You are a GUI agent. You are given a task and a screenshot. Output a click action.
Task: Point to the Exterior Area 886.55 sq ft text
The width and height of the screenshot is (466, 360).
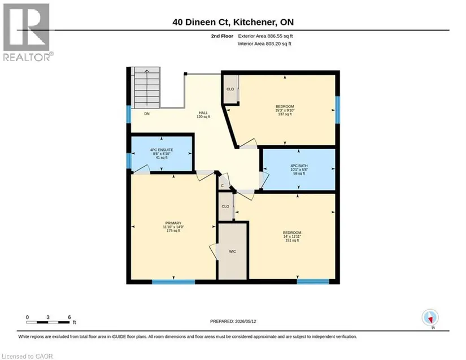coord(265,36)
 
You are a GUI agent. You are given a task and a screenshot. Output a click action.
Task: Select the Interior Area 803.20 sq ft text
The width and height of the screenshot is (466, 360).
coord(264,44)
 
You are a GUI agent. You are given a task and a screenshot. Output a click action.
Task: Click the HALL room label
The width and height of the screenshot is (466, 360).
coord(203,113)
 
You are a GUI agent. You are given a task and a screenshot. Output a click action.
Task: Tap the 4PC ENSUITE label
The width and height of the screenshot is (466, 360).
coord(162,150)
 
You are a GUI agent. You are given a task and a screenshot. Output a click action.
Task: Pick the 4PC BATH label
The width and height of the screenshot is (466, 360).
coord(299,166)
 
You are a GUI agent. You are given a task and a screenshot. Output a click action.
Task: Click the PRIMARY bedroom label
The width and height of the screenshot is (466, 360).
coord(173,223)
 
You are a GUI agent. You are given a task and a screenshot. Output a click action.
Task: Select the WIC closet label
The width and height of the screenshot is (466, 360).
coord(232,251)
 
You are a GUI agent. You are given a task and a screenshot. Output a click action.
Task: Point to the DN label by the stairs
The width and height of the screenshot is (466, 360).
coord(147,114)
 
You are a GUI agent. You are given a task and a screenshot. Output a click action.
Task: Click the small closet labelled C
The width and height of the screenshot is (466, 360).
coord(223,186)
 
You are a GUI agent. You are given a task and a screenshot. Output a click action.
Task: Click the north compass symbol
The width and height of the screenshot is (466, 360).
coord(430,318)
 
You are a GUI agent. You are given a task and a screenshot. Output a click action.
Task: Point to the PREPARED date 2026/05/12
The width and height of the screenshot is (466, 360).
coord(233,322)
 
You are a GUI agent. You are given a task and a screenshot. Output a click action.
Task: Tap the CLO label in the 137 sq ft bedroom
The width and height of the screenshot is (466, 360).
coord(230,89)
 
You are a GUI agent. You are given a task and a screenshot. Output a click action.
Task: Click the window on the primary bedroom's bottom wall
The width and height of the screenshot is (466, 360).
coord(173,281)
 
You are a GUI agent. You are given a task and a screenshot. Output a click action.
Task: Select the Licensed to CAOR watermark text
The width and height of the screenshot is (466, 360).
coord(27,356)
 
